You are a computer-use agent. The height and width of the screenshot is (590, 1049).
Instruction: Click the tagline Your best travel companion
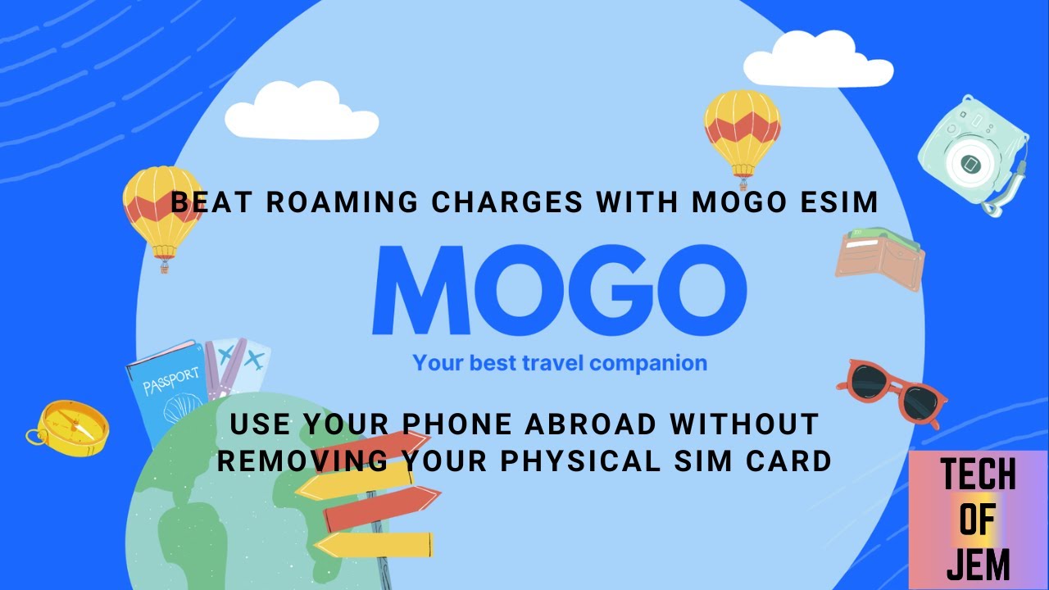pyautogui.click(x=560, y=362)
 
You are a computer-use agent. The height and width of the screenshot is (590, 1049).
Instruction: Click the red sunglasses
pyautogui.click(x=892, y=391)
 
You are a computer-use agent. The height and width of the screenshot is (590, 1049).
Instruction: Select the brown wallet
pyautogui.click(x=880, y=258)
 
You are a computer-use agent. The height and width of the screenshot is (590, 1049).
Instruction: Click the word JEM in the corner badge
pyautogui.click(x=977, y=565)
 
